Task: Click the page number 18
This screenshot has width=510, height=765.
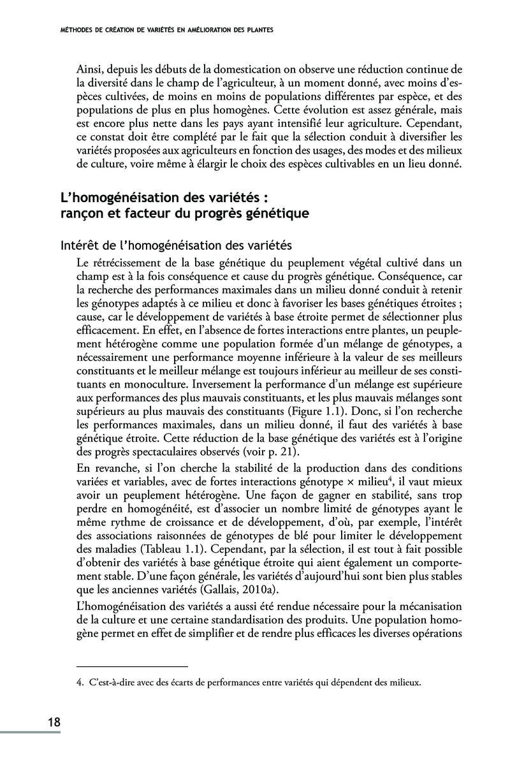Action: [54, 722]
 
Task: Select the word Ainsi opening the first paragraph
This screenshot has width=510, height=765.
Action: [89, 68]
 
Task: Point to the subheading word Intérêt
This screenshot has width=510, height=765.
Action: [79, 244]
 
